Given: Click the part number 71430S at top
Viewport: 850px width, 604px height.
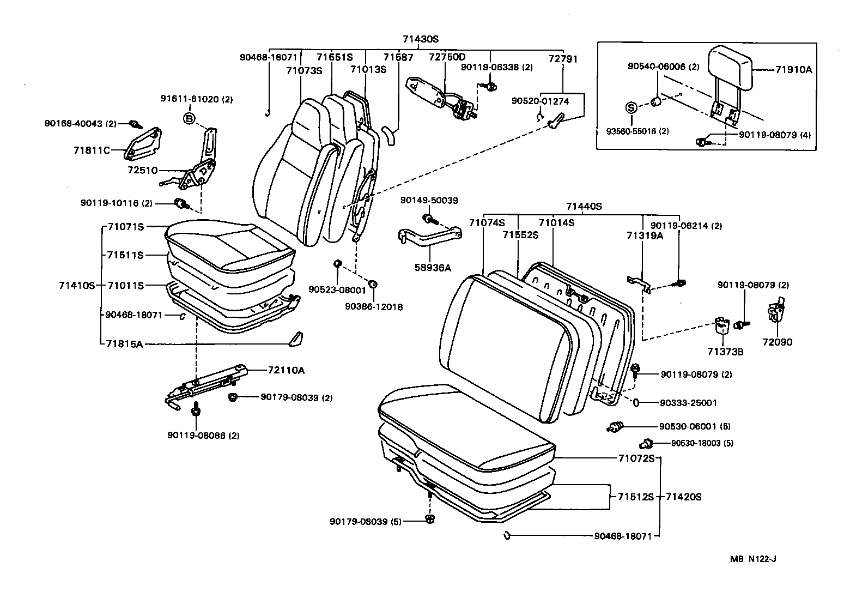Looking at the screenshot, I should (421, 39).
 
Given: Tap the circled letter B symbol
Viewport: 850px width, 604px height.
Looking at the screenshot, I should (189, 118).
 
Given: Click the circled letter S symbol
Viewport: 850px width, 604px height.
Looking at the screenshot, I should (630, 107).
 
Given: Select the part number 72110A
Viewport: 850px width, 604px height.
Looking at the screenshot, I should (286, 370).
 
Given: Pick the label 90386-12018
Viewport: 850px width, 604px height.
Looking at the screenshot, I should (374, 307).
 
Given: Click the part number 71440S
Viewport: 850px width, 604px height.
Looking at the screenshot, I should (584, 206).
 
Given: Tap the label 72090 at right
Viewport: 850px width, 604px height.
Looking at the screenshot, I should (778, 342).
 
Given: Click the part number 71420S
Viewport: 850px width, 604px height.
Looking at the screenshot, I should (683, 497).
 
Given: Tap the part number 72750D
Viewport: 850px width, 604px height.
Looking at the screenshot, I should (447, 57).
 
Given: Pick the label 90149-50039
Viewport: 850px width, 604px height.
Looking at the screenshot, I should (429, 201).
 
